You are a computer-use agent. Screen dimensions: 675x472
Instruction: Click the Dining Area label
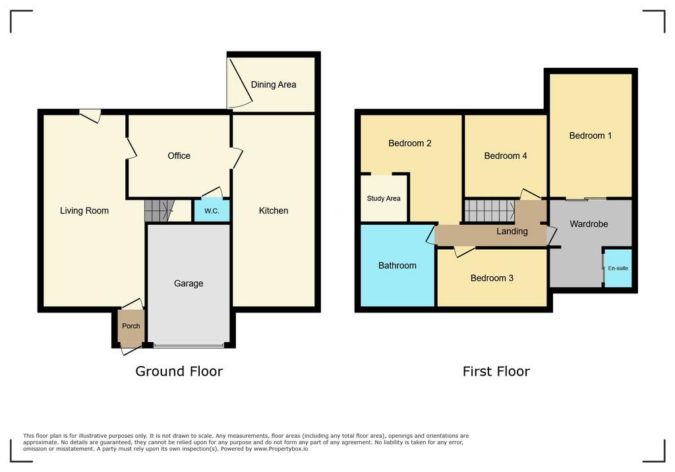tap(274, 84)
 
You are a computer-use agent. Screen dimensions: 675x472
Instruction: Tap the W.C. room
tap(212, 210)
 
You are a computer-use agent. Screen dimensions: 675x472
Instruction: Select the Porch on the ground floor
tap(131, 327)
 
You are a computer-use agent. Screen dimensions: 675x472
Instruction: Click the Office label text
tap(179, 156)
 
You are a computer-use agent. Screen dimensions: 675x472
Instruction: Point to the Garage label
tap(189, 283)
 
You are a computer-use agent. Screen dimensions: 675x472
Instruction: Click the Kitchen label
tap(274, 210)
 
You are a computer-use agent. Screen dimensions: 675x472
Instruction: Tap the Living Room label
tap(84, 210)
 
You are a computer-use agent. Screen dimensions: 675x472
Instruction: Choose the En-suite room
tap(618, 268)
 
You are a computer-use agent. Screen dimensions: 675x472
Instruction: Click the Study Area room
tap(384, 198)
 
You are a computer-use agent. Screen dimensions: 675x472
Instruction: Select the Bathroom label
tap(397, 265)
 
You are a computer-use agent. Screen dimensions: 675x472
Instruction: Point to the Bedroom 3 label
tap(492, 278)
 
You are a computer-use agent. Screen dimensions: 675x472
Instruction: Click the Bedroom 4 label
tap(506, 156)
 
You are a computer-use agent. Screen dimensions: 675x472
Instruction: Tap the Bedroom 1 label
tap(590, 136)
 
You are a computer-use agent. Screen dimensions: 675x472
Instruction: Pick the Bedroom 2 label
tap(410, 143)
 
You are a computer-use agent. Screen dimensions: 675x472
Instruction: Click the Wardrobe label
tap(589, 224)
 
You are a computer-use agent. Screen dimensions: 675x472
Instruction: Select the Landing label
tap(512, 231)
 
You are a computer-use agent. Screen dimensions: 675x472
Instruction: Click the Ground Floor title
tap(179, 371)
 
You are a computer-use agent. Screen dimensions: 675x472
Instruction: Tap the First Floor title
tap(496, 371)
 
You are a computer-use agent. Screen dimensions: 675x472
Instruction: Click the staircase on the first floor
tap(490, 211)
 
